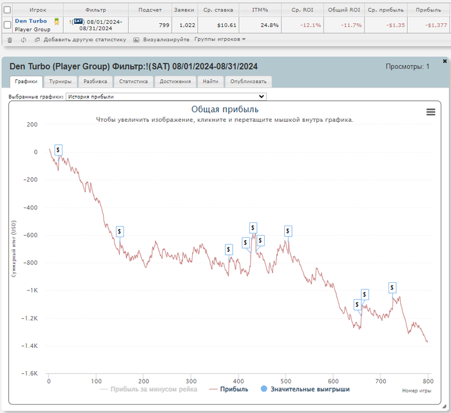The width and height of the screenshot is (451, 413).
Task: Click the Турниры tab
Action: pos(61,82)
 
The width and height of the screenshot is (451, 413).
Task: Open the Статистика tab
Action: pos(134,82)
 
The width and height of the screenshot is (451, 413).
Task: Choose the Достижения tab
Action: pos(175,82)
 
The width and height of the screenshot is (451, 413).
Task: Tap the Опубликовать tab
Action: pos(249,82)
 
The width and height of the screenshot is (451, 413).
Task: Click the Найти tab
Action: pos(210,82)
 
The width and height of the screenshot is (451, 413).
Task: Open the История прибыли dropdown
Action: pos(166,97)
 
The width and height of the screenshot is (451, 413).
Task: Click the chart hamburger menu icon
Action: pos(431,111)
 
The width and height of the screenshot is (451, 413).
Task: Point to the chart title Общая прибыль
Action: pos(225,110)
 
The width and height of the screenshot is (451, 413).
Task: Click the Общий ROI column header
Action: pos(345,10)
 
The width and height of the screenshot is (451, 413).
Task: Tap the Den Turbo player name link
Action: pos(31,21)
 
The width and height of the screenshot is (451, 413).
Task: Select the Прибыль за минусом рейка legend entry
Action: pos(153,389)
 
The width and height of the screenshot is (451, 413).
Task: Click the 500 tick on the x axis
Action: pos(285,381)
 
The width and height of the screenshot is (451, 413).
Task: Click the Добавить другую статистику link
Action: pos(80,39)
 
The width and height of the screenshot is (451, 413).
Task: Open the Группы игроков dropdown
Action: pos(220,39)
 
